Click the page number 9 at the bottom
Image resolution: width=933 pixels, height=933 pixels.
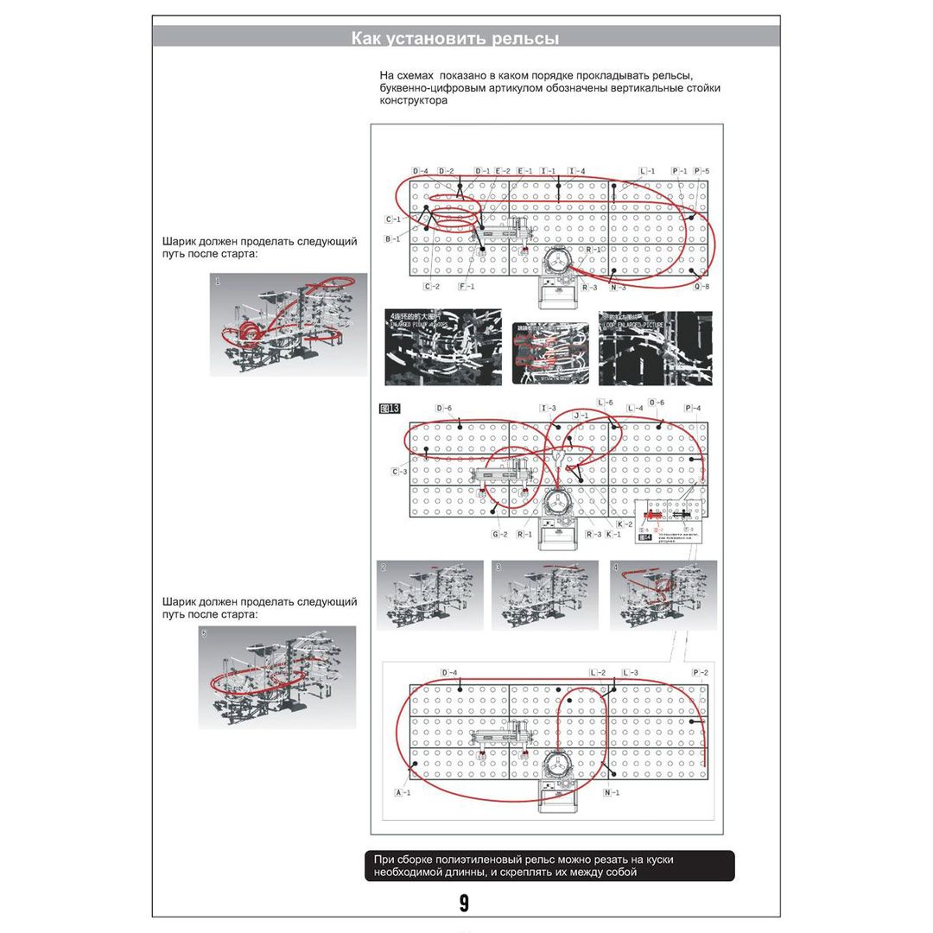(x=464, y=904)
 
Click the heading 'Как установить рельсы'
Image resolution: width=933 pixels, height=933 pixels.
(x=454, y=39)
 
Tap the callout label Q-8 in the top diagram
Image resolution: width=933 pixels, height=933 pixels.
(x=701, y=287)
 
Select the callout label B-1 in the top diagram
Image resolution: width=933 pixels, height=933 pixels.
(x=392, y=238)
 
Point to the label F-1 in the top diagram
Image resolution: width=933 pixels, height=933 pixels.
(x=466, y=286)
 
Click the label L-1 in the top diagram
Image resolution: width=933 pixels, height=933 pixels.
(x=647, y=171)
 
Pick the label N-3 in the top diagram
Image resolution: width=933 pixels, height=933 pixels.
(x=617, y=287)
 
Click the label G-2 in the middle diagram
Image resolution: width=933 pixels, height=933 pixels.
(x=499, y=535)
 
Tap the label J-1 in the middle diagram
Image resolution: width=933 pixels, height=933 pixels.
(x=581, y=416)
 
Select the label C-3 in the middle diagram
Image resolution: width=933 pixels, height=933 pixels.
(x=399, y=472)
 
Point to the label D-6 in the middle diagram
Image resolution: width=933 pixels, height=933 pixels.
(x=444, y=408)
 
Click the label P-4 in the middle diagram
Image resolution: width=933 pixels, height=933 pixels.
(x=692, y=408)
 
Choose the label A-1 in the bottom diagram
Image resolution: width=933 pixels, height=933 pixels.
(x=403, y=792)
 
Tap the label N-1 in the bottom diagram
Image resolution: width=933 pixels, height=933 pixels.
(x=612, y=792)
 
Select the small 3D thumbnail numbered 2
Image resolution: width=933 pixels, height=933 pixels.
(x=430, y=594)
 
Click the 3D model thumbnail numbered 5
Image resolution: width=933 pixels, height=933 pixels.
(x=276, y=677)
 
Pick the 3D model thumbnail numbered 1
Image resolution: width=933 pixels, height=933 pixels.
(x=289, y=324)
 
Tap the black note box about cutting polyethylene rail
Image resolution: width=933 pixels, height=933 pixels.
(x=549, y=866)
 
